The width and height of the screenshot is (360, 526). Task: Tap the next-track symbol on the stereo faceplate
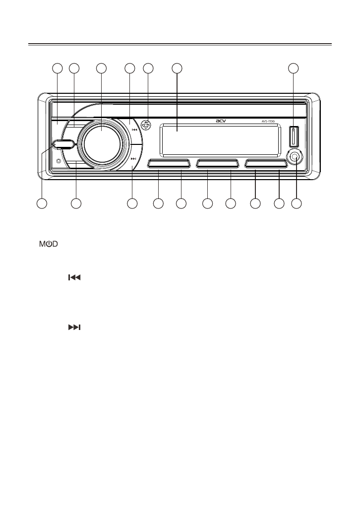pyautogui.click(x=133, y=159)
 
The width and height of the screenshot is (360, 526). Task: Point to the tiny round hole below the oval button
pyautogui.click(x=59, y=161)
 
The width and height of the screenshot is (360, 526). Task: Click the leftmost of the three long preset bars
pyautogui.click(x=169, y=164)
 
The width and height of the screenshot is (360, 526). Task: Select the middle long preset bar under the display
pyautogui.click(x=218, y=164)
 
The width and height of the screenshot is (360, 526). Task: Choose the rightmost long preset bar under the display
pyautogui.click(x=266, y=164)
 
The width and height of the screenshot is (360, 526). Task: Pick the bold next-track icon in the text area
pyautogui.click(x=74, y=328)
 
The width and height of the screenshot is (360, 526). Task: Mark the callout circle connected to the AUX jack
pyautogui.click(x=297, y=203)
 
